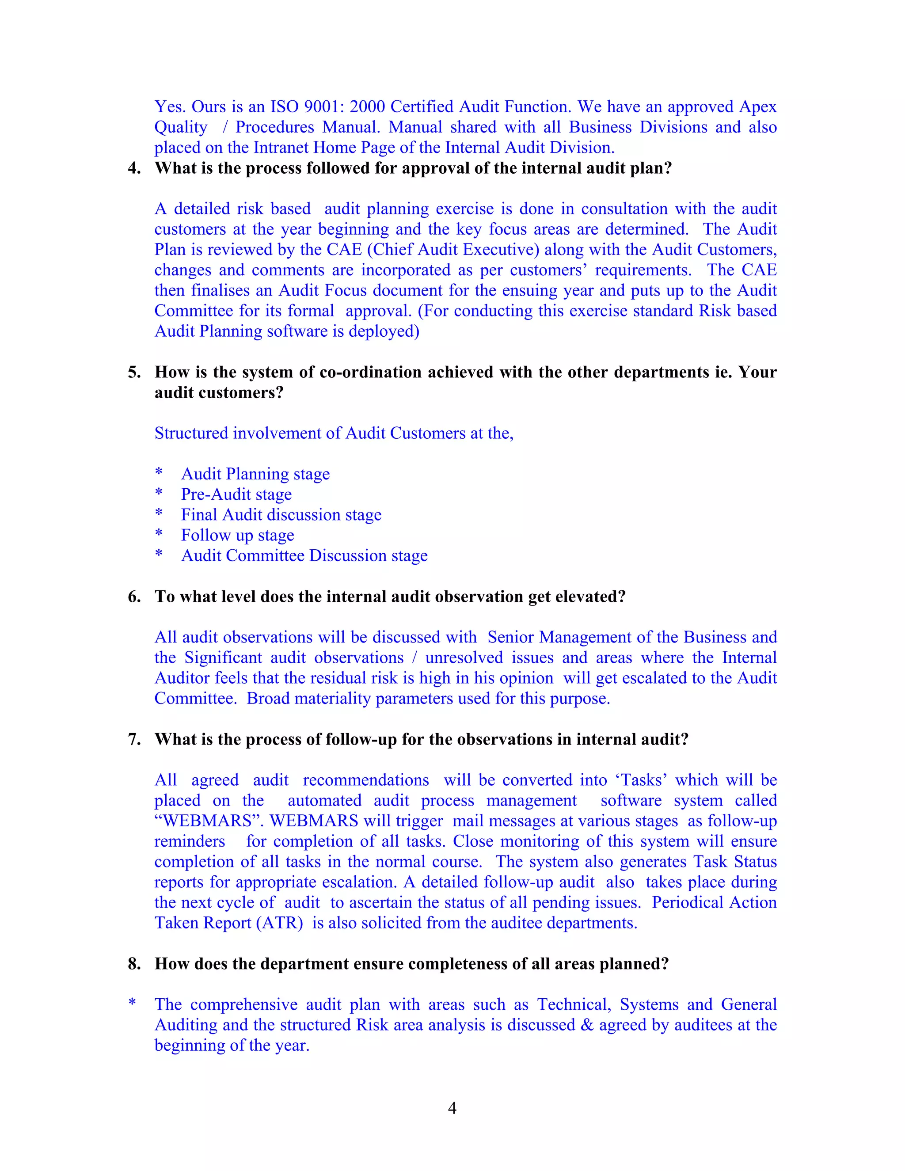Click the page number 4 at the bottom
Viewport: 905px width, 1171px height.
(x=452, y=1108)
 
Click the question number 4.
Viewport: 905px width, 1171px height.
(x=134, y=168)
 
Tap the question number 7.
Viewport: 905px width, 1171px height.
(x=134, y=739)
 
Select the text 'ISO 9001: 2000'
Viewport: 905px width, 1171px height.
(x=327, y=106)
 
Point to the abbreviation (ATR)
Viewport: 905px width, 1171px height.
(x=279, y=923)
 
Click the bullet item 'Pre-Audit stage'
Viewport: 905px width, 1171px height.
(x=236, y=494)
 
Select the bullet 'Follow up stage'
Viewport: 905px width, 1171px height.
(x=237, y=535)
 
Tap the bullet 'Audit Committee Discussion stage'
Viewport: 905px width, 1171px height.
(x=304, y=555)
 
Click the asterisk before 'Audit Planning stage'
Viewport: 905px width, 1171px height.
(x=159, y=473)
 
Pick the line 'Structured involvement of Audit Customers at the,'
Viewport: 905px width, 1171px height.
(x=334, y=433)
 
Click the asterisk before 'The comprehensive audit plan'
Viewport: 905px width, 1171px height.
(x=132, y=1004)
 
